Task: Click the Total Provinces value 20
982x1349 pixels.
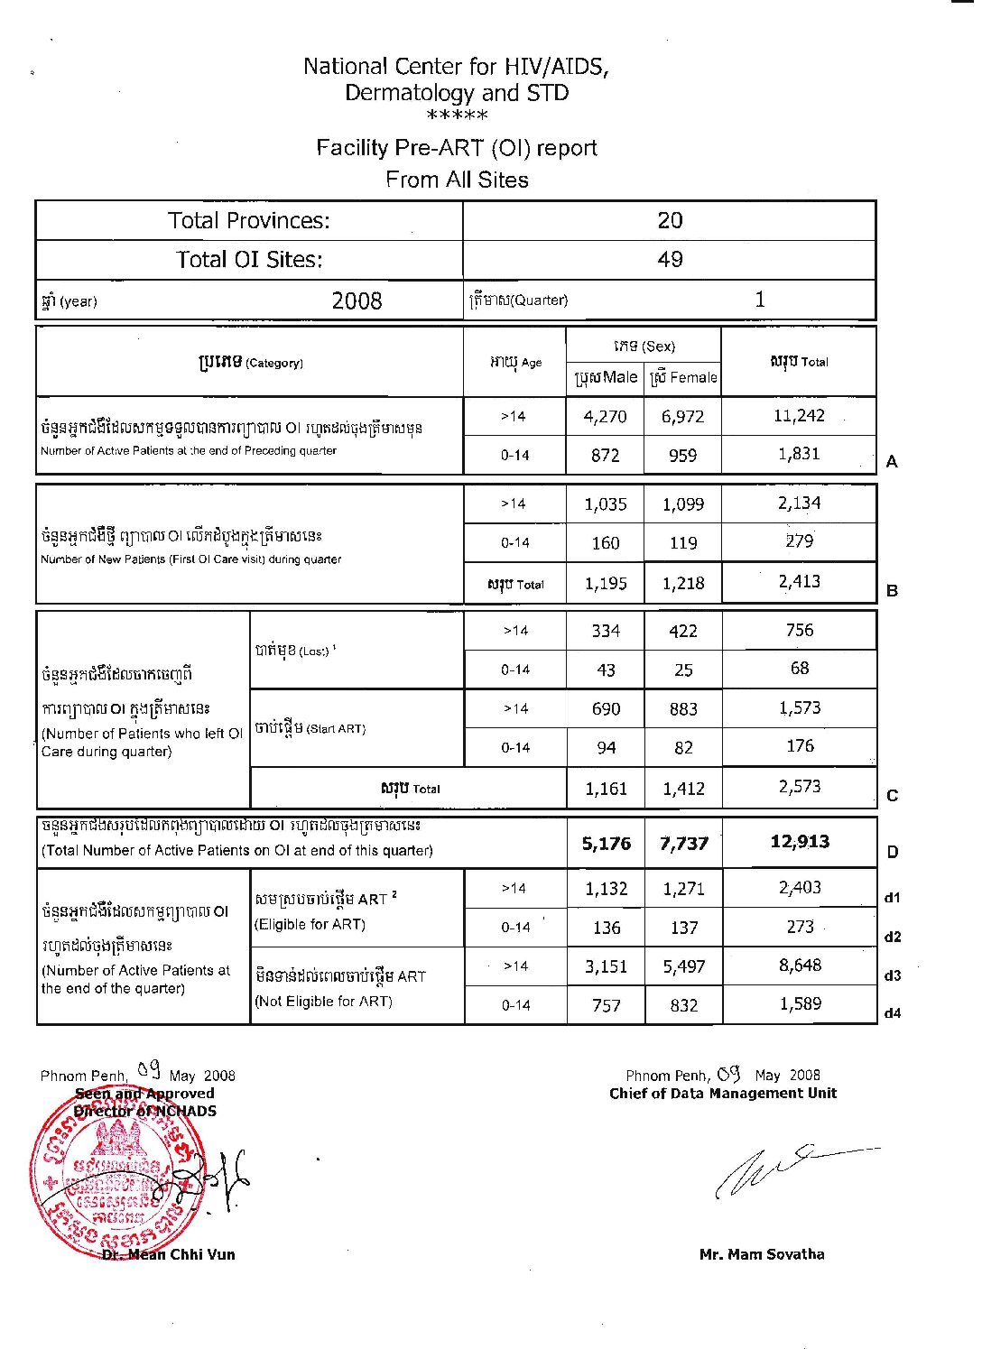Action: tap(670, 220)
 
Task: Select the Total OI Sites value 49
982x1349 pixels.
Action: tap(670, 260)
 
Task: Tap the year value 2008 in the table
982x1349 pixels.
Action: tap(357, 300)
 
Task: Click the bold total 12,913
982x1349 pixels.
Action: tap(800, 842)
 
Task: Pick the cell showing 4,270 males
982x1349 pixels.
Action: tap(605, 417)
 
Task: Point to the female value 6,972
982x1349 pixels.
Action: tap(682, 417)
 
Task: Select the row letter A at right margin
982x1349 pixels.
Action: tap(892, 462)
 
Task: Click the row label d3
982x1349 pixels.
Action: tap(892, 975)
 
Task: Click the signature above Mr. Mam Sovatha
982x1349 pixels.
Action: tap(785, 1170)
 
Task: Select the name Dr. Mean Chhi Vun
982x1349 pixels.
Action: tap(169, 1254)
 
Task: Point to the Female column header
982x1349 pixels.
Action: tap(683, 377)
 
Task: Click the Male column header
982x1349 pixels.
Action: tap(606, 377)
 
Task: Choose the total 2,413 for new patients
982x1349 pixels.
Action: tap(800, 582)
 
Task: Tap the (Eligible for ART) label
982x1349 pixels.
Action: tap(310, 924)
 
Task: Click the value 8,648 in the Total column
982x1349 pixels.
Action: tap(800, 966)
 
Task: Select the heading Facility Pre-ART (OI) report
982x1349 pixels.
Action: tap(457, 148)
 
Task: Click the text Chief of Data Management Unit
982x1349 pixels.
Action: tap(722, 1094)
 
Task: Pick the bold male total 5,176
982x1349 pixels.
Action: tap(606, 844)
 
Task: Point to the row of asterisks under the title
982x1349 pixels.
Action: tap(457, 116)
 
